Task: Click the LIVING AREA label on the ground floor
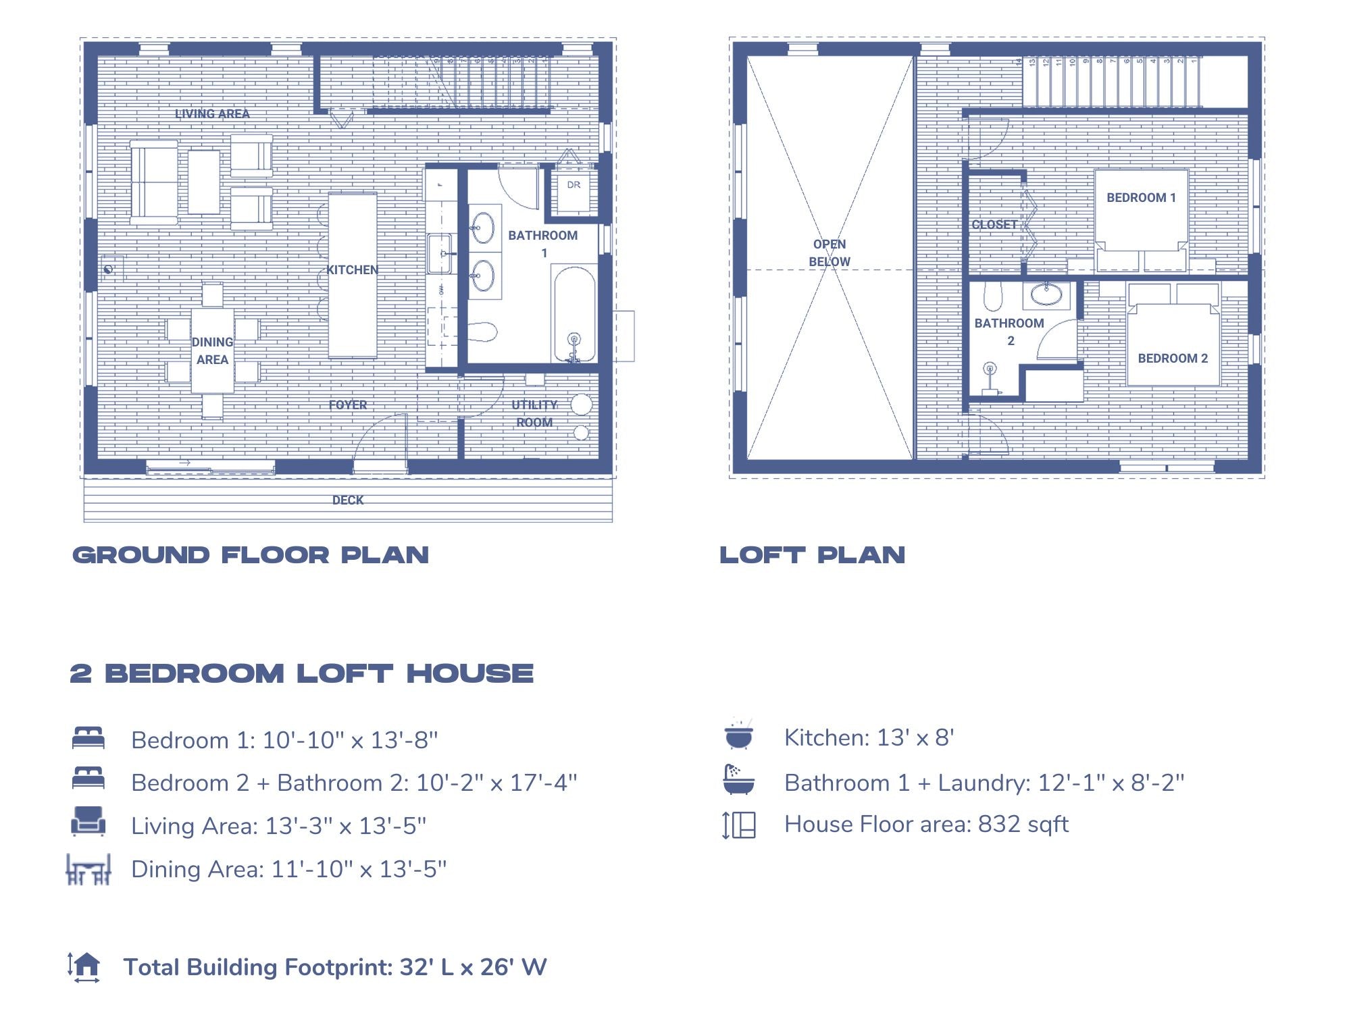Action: tap(212, 113)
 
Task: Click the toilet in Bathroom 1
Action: tap(482, 332)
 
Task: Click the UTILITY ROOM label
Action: tap(534, 413)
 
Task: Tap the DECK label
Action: tap(347, 500)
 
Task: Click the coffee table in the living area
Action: tap(203, 182)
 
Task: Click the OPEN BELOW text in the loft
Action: tap(830, 253)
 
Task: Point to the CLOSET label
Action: tap(994, 224)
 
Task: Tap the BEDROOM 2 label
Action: tap(1172, 358)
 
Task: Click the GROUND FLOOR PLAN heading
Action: tap(251, 555)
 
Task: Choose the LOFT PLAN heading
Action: tap(812, 555)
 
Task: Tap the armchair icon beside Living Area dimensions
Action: tap(88, 822)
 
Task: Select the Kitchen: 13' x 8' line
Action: tap(869, 737)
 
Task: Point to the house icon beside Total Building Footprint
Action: tap(84, 966)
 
